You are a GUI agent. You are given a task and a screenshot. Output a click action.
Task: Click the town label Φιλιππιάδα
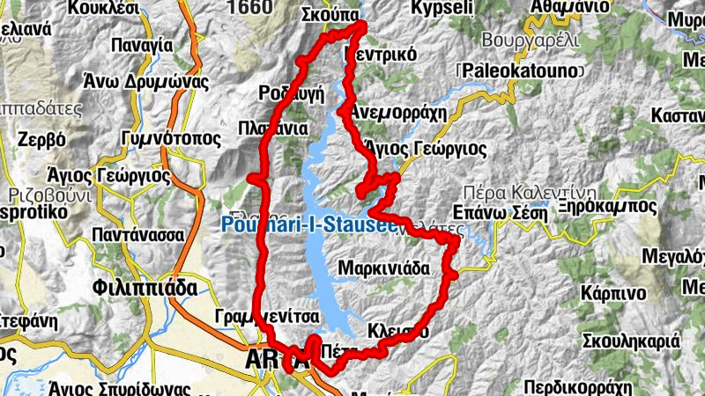click(137, 287)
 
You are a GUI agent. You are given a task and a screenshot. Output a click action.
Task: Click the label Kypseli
click(442, 8)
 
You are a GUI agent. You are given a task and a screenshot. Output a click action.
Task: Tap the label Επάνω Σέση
click(499, 211)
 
